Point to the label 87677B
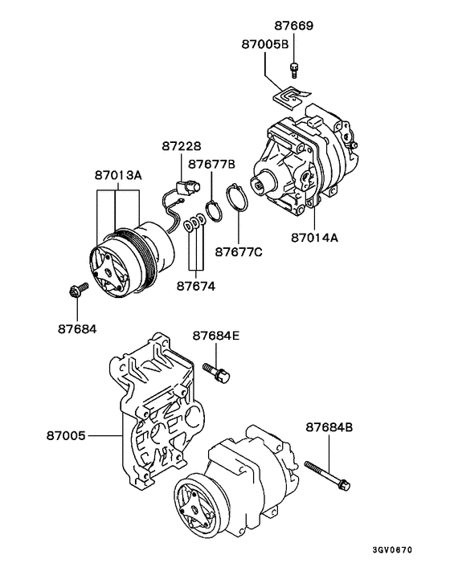coord(211,165)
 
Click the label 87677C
coord(238,251)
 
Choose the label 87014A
coord(316,239)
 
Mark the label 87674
coord(196,284)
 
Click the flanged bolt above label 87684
coord(77,292)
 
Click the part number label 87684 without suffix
coord(76,328)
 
